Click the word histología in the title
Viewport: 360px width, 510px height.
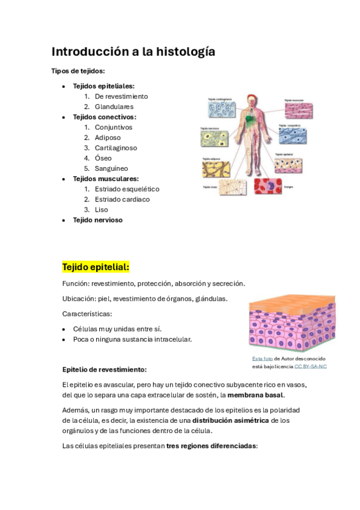[x=185, y=52]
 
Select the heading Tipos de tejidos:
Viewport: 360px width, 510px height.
[x=78, y=71]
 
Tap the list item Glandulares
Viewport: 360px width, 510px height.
[x=114, y=106]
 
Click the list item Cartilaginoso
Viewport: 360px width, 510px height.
[x=115, y=147]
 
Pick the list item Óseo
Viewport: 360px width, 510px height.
[x=103, y=158]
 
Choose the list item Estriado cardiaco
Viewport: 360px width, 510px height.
[x=122, y=199]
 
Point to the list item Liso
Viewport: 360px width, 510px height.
[x=101, y=209]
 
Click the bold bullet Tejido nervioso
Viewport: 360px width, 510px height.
[x=97, y=220]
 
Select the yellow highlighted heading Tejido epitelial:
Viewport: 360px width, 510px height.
[x=96, y=266]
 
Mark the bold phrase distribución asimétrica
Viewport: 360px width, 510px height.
[x=230, y=420]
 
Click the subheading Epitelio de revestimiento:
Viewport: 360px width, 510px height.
[x=104, y=369]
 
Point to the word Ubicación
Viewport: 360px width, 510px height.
[x=77, y=298]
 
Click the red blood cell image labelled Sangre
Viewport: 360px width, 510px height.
[x=267, y=185]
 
